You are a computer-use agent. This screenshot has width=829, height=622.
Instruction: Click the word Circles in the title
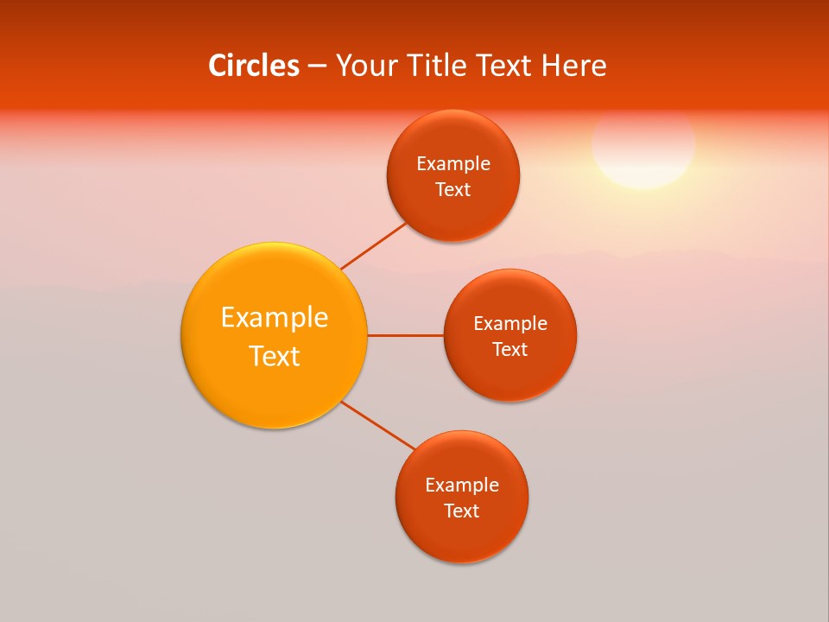tap(253, 66)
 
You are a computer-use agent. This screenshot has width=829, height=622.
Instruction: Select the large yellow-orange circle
tap(274, 380)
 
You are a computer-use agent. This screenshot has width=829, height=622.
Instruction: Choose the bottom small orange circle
tap(462, 536)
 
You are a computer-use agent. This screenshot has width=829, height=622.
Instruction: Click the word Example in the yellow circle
tap(275, 318)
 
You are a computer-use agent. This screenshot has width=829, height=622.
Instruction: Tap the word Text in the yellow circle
tap(275, 356)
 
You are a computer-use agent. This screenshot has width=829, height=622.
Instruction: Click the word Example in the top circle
tap(453, 164)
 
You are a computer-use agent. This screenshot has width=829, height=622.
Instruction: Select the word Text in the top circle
tap(453, 189)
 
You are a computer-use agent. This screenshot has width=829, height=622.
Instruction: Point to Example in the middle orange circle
tap(510, 324)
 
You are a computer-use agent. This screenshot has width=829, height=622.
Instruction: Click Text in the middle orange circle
tap(510, 349)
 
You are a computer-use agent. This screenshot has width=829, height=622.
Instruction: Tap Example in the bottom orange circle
tap(462, 486)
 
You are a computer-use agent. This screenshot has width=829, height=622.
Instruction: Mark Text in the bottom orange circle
tap(462, 511)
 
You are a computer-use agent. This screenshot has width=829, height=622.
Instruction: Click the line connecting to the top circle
tap(373, 245)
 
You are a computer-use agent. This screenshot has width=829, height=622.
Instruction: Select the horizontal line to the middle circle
tap(406, 335)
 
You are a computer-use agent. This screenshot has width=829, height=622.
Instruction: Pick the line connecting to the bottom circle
tap(378, 425)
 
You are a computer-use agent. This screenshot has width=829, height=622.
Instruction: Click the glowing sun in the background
tap(643, 145)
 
